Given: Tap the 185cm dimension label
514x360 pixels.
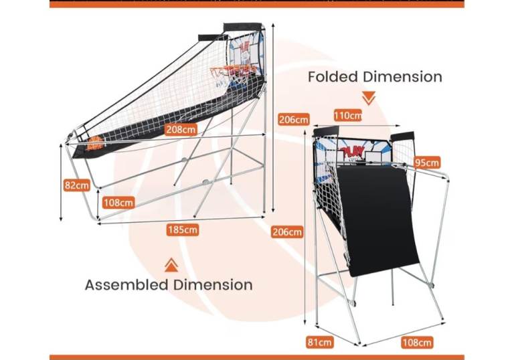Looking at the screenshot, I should pos(183,230).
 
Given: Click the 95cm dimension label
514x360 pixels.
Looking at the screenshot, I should pos(426,163).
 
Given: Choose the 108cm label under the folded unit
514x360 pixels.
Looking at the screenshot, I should pos(416,343).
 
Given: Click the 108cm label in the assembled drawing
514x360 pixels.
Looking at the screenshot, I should pos(118,202).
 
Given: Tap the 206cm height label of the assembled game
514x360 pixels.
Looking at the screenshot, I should pos(293,120).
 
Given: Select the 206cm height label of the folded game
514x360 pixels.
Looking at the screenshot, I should pos(286,232).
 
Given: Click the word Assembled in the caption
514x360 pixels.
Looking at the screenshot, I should pos(126,284).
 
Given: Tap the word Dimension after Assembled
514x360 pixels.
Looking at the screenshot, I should pos(212,284).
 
